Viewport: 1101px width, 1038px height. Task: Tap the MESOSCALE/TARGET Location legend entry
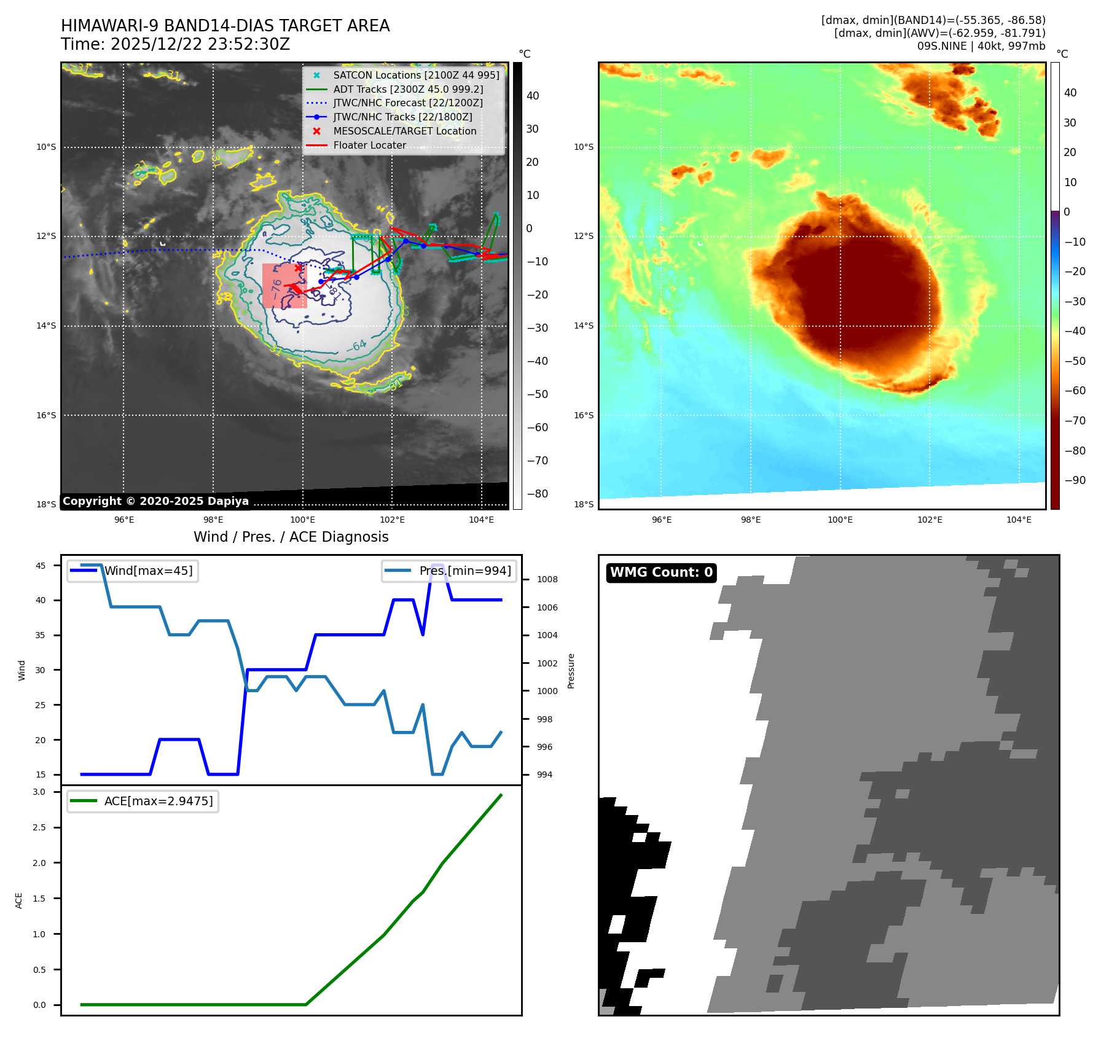pos(404,131)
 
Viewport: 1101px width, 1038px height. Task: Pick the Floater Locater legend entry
pos(369,145)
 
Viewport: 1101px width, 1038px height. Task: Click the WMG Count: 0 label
pos(661,572)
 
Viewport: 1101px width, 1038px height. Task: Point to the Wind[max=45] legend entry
pos(148,571)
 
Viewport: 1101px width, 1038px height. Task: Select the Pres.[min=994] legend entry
pos(464,571)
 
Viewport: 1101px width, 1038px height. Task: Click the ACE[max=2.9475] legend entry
pos(158,801)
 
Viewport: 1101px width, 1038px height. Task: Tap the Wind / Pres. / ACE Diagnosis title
pos(291,537)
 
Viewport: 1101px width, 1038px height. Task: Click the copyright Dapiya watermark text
pos(155,501)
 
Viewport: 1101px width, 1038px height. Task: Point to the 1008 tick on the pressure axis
pos(547,579)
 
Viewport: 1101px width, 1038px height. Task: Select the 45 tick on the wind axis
pos(41,566)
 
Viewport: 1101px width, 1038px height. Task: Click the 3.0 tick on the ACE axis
pos(39,792)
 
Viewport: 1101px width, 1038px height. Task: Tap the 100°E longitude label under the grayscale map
pos(302,520)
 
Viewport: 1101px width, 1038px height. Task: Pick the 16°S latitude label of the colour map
pos(584,415)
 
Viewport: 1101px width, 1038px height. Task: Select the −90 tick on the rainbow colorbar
pos(1075,480)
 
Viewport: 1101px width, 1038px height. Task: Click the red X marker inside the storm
pos(299,268)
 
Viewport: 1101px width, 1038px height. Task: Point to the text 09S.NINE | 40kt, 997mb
pos(981,46)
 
